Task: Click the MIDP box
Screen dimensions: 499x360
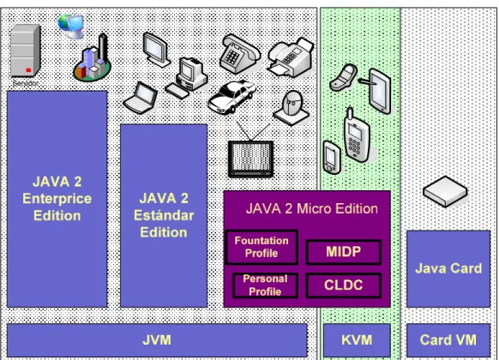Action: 343,252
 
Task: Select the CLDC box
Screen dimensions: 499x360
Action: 343,285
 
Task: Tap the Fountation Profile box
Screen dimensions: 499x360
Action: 262,247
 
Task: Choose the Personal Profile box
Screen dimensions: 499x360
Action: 265,285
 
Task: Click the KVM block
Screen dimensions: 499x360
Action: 357,340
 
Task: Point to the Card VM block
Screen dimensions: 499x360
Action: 448,340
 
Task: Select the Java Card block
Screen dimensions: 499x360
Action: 448,269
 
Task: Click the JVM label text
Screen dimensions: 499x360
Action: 157,340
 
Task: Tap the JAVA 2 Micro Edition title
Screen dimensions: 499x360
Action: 312,209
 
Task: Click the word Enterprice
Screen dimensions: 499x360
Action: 57,199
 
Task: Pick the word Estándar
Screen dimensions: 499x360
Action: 164,215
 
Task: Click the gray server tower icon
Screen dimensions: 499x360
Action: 25,51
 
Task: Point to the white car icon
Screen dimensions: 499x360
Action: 231,97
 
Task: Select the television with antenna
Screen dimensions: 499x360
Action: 251,151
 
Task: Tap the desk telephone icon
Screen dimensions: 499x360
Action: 239,53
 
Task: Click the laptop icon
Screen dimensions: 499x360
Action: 141,98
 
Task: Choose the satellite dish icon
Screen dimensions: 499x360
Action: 292,107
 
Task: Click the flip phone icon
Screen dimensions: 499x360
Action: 343,77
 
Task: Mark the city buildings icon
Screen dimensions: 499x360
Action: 92,59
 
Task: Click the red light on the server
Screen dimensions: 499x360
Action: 28,70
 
